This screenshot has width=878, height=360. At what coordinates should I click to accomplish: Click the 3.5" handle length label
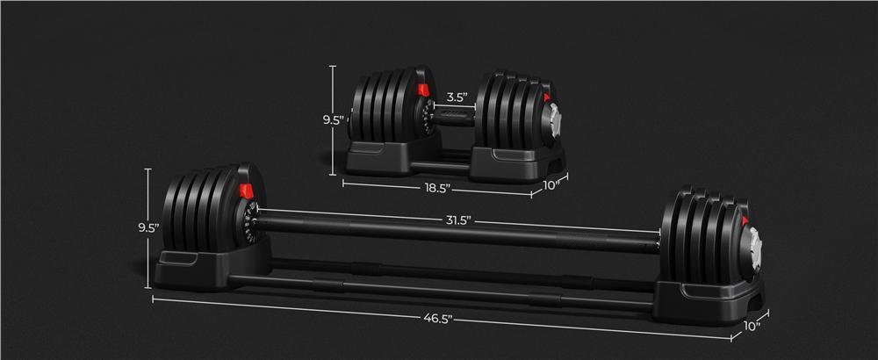(455, 97)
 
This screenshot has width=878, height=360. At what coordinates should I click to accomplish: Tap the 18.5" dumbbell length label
(436, 187)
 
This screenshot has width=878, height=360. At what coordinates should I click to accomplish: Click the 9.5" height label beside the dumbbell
(333, 120)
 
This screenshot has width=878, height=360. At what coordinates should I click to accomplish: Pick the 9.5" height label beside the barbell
(148, 227)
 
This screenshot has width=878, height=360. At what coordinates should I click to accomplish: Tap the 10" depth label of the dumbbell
(551, 185)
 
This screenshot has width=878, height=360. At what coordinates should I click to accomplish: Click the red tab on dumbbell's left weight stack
(423, 90)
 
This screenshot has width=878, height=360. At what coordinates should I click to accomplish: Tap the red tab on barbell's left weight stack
(247, 191)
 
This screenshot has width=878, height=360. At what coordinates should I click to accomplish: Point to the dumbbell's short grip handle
(454, 118)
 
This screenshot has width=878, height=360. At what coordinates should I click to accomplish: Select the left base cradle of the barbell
(198, 268)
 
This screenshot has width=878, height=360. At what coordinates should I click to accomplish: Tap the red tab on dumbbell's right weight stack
(547, 98)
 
